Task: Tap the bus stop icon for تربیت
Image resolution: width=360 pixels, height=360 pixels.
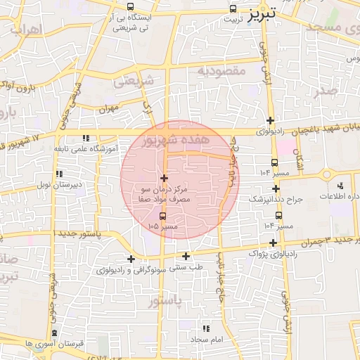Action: click(233, 9)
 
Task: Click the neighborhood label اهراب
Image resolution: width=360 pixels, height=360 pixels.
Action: click(27, 30)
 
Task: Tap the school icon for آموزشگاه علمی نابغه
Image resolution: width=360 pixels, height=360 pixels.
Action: click(85, 139)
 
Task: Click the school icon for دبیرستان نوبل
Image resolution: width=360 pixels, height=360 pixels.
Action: click(60, 174)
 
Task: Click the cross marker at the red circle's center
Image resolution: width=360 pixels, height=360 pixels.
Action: click(165, 179)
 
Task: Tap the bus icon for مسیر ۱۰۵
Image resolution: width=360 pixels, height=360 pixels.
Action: click(164, 216)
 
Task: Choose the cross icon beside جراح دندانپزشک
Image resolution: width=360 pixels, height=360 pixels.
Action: click(276, 189)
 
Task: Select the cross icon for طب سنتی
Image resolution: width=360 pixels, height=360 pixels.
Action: click(186, 256)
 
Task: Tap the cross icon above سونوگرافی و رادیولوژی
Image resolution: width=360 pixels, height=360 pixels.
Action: click(131, 259)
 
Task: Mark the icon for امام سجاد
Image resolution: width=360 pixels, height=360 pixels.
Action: click(205, 328)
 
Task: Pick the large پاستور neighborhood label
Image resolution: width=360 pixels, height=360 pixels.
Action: click(166, 301)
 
